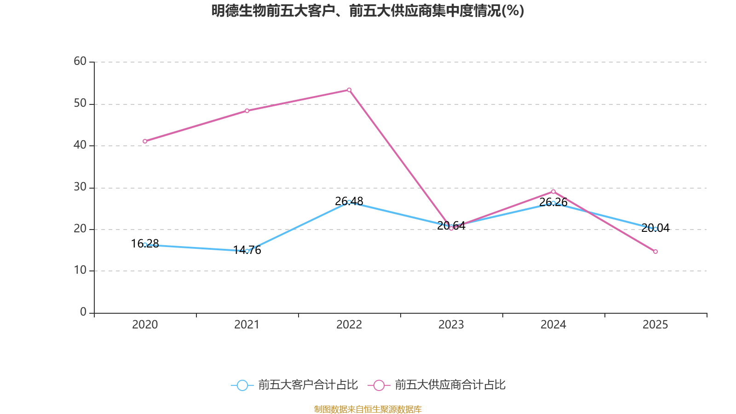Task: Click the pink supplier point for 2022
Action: (349, 90)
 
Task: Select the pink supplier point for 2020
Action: (145, 141)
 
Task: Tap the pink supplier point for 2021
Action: (247, 110)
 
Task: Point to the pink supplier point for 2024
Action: (553, 191)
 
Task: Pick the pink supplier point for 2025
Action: (655, 252)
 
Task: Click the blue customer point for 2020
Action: (145, 245)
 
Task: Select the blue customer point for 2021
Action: (247, 251)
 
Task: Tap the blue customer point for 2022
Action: (349, 202)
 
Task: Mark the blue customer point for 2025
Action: (655, 229)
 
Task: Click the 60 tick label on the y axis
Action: (80, 61)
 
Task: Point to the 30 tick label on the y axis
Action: (80, 187)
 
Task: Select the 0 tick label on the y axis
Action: (83, 312)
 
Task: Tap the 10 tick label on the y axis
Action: (80, 270)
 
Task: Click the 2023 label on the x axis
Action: (451, 325)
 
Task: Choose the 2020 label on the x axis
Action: (145, 325)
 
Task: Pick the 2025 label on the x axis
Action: (655, 325)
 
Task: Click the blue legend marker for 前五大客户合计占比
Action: (242, 385)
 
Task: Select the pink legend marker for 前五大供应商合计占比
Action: (379, 385)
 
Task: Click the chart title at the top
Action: (368, 11)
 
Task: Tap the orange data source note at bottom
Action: (368, 409)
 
